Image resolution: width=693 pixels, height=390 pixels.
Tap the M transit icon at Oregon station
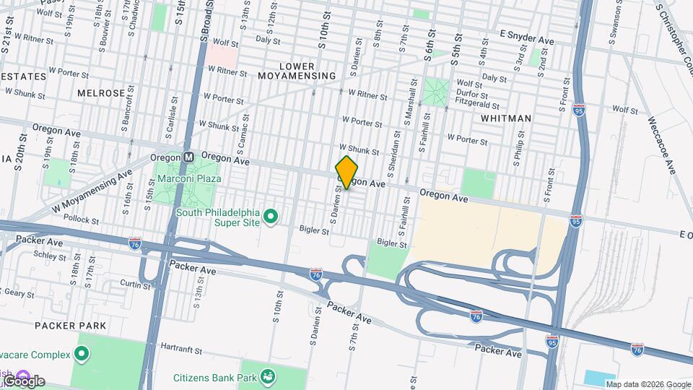(x=188, y=157)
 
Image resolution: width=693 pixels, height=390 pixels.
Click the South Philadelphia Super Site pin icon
(x=271, y=216)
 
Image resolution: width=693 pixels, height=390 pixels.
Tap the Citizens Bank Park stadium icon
(x=269, y=376)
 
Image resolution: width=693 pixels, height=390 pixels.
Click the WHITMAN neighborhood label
(x=505, y=118)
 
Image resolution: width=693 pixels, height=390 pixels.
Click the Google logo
(x=23, y=381)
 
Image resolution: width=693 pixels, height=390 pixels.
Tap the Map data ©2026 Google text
(x=648, y=384)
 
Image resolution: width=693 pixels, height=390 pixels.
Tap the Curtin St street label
(x=135, y=285)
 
